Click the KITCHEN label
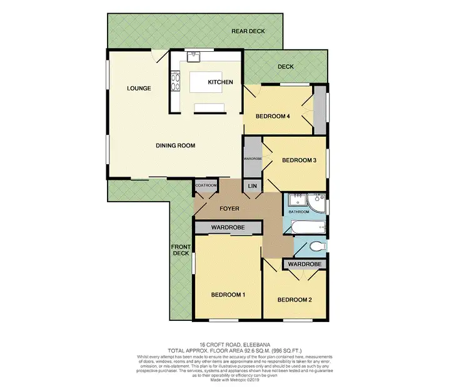(220, 82)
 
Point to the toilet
(316, 248)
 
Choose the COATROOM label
(206, 185)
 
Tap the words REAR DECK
(249, 31)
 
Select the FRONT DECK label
(180, 250)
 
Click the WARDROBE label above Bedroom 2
(306, 265)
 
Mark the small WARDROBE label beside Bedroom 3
(252, 159)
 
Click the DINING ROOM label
(176, 145)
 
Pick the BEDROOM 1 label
(228, 295)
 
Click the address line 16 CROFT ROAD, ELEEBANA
(234, 345)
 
